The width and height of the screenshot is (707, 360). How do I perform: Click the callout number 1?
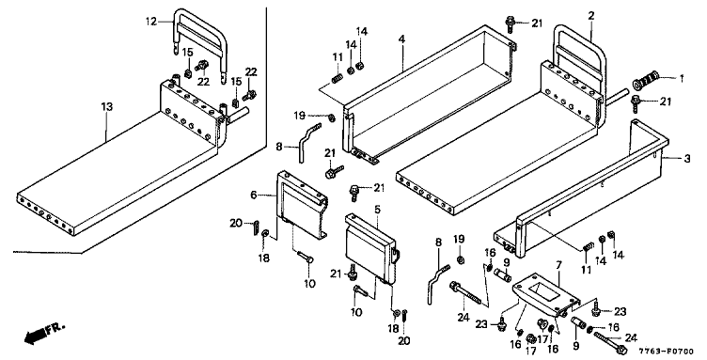coord(682,79)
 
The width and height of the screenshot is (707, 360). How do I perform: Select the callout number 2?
coord(591,16)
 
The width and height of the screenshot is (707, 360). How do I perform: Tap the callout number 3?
coord(686,159)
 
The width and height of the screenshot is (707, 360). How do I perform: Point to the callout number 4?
coord(401,39)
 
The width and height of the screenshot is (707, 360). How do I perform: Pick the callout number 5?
coord(377,209)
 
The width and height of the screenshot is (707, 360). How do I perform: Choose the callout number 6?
coord(254,196)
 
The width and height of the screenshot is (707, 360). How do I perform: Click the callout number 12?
coord(150,22)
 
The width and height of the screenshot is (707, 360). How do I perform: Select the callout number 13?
coord(107,107)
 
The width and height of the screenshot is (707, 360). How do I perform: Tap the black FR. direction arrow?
coord(35,336)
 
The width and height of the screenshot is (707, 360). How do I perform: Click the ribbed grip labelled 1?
coord(647,82)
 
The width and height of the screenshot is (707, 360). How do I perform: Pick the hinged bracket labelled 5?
coord(370,250)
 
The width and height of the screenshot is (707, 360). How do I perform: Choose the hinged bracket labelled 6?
coord(301,205)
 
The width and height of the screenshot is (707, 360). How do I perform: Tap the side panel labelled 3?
coord(578,189)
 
